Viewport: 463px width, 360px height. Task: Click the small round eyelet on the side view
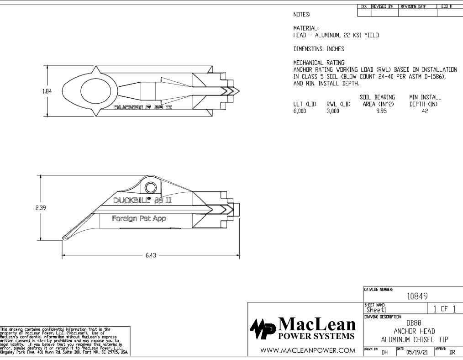pyautogui.click(x=150, y=187)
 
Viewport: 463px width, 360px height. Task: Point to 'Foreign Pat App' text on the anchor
pyautogui.click(x=139, y=218)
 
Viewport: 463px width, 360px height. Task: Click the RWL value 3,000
pyautogui.click(x=333, y=111)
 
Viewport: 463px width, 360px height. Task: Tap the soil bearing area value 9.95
pyautogui.click(x=377, y=111)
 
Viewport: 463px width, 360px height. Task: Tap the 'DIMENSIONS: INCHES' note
pyautogui.click(x=318, y=48)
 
